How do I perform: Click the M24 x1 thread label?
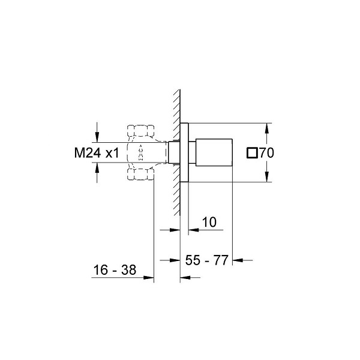coord(97,152)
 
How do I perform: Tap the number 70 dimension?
coord(266,152)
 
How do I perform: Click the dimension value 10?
coord(209,222)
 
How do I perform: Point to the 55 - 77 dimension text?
coord(206,260)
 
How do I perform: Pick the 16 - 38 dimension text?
coord(115,270)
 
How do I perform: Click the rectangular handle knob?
coord(214,152)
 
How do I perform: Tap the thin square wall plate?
coord(184,152)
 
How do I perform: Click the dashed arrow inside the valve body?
coord(140,152)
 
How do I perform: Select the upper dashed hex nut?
coord(140,131)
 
